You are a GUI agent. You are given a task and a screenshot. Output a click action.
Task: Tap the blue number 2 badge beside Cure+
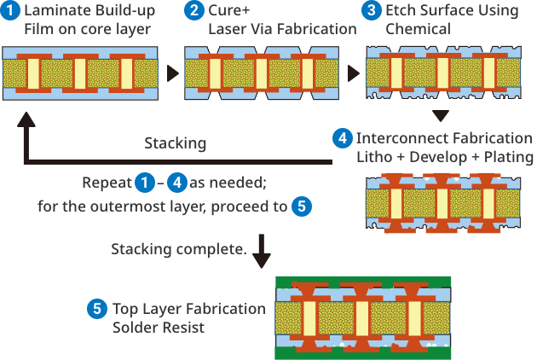click(x=193, y=12)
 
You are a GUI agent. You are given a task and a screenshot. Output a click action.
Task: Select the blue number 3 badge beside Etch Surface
click(x=372, y=12)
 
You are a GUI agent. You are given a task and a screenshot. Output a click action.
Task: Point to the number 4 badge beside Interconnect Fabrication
click(x=343, y=138)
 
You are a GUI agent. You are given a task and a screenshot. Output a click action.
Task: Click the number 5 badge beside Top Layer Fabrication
click(x=98, y=309)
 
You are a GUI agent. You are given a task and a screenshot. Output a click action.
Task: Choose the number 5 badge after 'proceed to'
click(x=301, y=206)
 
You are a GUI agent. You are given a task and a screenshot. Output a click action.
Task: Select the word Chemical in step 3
click(x=419, y=30)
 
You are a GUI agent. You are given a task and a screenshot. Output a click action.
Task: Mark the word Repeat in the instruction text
click(x=106, y=183)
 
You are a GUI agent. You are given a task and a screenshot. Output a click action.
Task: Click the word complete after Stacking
click(x=215, y=249)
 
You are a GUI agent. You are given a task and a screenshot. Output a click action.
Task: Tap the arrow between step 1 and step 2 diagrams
click(x=172, y=73)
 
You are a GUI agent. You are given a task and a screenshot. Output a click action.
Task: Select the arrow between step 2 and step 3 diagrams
click(x=352, y=73)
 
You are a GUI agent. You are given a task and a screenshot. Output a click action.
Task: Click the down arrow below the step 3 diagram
click(x=440, y=117)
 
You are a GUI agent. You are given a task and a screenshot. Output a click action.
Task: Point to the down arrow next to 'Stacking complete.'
click(x=263, y=252)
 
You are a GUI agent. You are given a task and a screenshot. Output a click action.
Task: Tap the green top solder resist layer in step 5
click(x=362, y=282)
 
